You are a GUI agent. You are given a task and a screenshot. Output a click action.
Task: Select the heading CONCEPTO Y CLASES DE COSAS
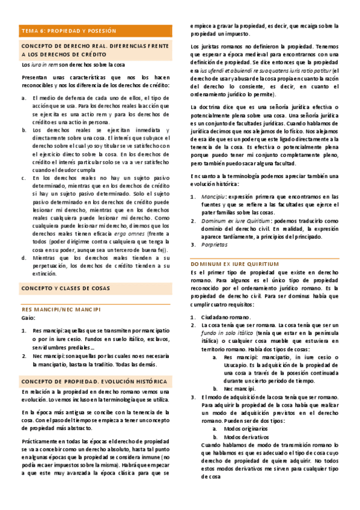point(66,289)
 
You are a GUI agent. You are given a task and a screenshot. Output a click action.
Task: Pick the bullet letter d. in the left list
point(23,257)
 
